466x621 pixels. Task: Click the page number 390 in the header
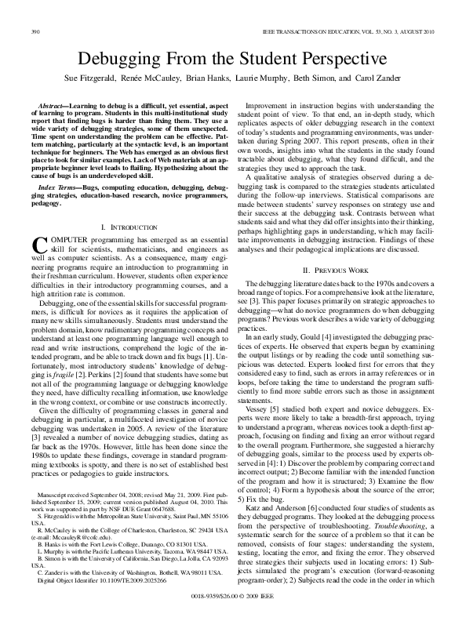tap(35, 31)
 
